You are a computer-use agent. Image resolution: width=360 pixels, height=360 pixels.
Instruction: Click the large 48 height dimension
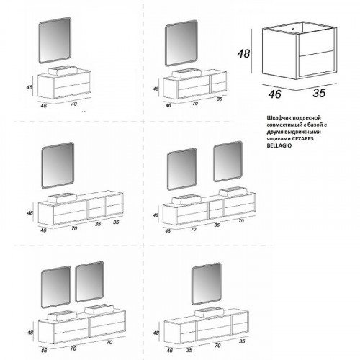pyautogui.click(x=243, y=53)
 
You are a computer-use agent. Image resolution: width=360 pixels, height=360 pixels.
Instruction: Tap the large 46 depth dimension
pyautogui.click(x=274, y=94)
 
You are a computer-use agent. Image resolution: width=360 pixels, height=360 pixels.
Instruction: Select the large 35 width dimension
pyautogui.click(x=319, y=93)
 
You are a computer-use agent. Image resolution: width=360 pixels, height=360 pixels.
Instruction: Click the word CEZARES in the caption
pyautogui.click(x=302, y=138)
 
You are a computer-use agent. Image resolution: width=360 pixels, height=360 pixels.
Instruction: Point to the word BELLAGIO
pyautogui.click(x=279, y=145)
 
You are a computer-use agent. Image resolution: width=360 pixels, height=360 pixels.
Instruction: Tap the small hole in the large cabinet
pyautogui.click(x=293, y=30)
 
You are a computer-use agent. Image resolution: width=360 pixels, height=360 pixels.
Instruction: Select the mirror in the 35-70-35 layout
pyautogui.click(x=207, y=284)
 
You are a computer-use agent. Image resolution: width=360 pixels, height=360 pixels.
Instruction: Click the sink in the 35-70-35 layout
pyautogui.click(x=210, y=312)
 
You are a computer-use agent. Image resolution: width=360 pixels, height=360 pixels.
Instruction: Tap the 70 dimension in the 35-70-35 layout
pyautogui.click(x=217, y=346)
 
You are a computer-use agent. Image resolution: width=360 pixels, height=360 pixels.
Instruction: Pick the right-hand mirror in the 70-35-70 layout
pyautogui.click(x=228, y=161)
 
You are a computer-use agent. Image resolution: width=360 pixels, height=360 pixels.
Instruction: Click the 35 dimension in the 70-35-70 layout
pyautogui.click(x=217, y=225)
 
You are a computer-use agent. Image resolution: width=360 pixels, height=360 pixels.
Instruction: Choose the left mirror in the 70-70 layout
pyautogui.click(x=56, y=287)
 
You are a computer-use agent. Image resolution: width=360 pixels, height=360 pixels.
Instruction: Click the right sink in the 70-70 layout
pyautogui.click(x=99, y=310)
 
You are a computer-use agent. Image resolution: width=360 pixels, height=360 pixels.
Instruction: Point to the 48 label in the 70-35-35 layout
pyautogui.click(x=30, y=212)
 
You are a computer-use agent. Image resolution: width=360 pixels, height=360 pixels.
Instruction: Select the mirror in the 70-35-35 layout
pyautogui.click(x=58, y=166)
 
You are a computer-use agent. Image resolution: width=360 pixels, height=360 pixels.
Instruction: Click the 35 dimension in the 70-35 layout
pyautogui.click(x=220, y=99)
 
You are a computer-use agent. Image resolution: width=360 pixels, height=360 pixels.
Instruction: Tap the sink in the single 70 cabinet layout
pyautogui.click(x=63, y=71)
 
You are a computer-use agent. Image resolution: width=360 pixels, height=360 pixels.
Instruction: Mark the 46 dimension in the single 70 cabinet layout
pyautogui.click(x=43, y=105)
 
